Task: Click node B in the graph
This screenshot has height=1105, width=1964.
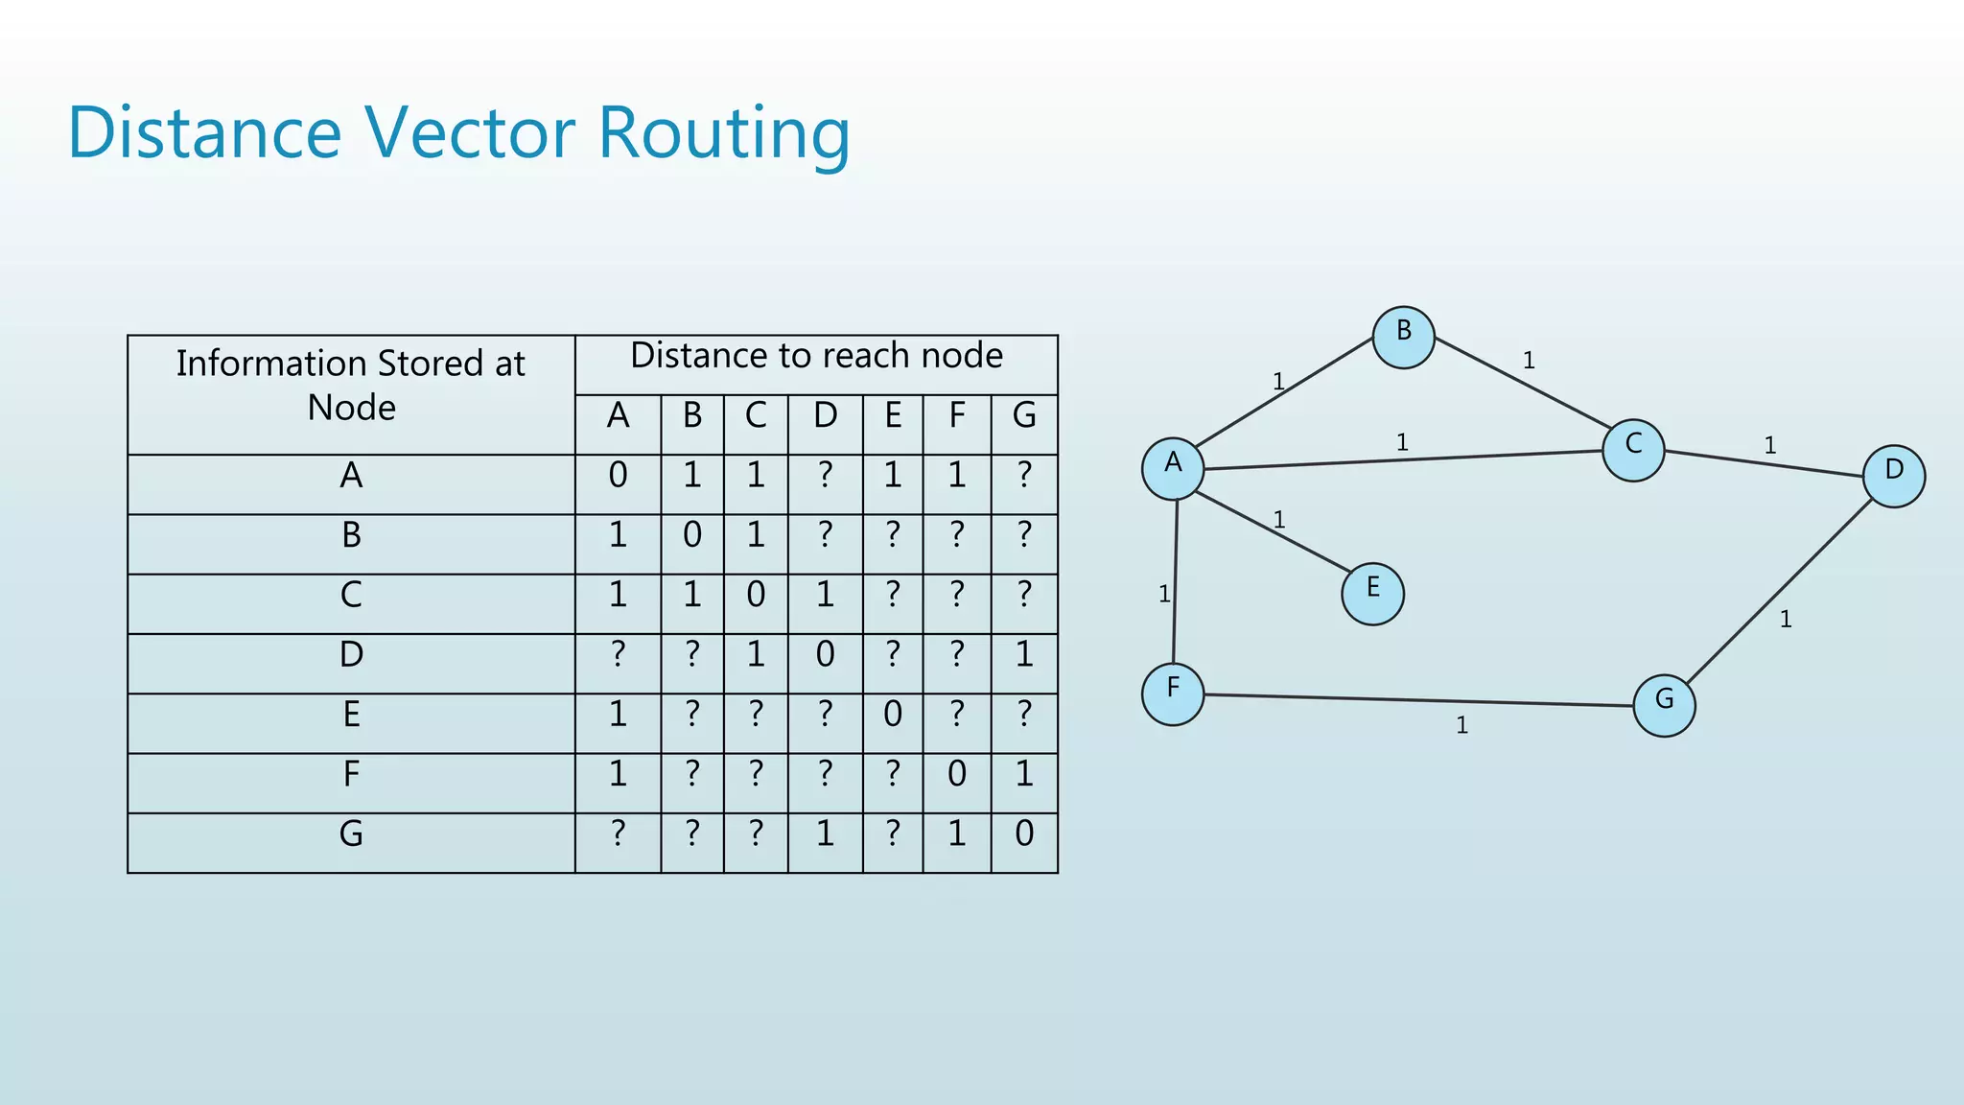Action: [1403, 338]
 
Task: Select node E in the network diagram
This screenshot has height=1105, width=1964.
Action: [1372, 594]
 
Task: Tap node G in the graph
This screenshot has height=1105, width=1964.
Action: [1664, 705]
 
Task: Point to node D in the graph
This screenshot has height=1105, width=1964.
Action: [1893, 476]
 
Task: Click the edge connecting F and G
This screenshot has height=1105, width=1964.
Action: [1419, 700]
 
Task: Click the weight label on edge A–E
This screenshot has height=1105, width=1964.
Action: [1278, 520]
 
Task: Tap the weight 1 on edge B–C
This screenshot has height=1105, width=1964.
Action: [1529, 361]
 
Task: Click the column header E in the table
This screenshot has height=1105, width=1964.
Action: [893, 416]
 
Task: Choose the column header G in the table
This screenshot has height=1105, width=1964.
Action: [1024, 416]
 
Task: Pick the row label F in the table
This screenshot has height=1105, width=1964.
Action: [351, 774]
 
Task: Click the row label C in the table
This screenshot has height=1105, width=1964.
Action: [351, 595]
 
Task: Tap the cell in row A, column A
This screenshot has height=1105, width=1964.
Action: [618, 476]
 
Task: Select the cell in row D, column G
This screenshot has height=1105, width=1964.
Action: [1024, 655]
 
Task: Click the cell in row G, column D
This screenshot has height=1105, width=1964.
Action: [825, 834]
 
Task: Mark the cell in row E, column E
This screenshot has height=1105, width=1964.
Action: [893, 715]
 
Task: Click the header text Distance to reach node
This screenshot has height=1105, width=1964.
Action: [816, 356]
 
